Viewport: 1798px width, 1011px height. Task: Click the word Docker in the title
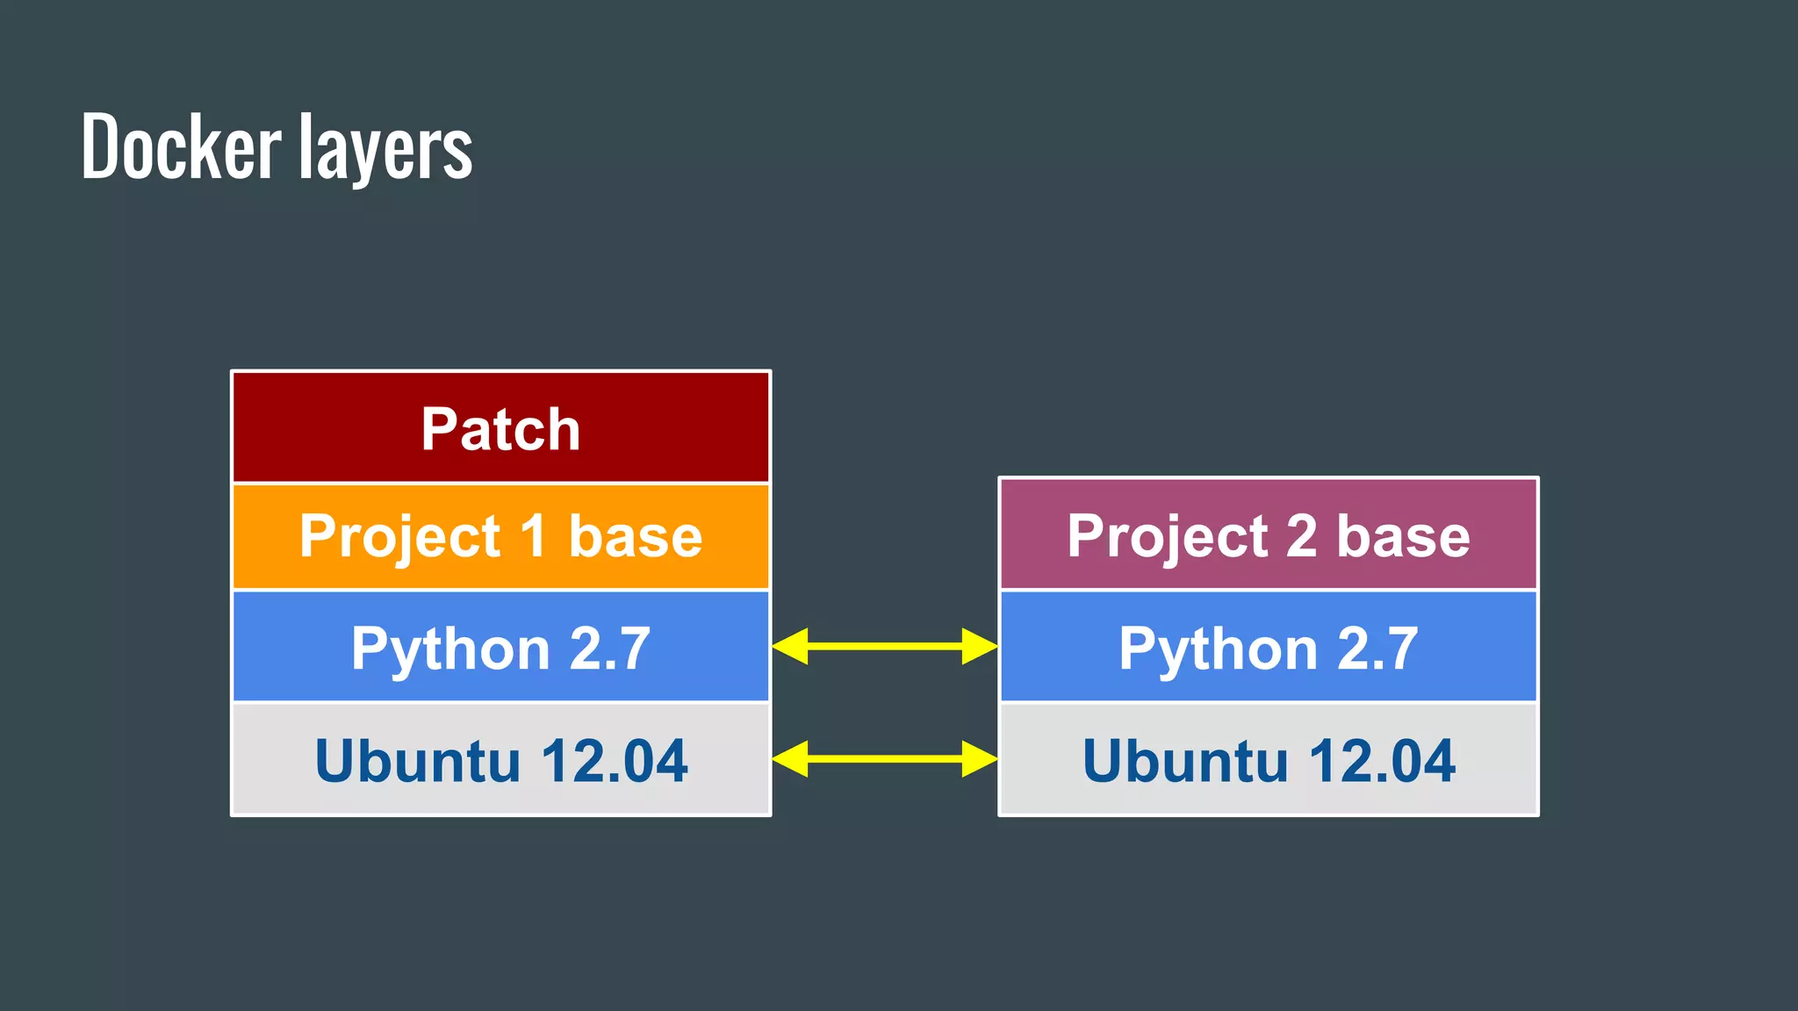[181, 147]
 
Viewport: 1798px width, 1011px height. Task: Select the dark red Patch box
[500, 428]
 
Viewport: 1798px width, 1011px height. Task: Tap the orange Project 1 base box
[500, 536]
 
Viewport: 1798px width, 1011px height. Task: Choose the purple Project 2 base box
[1268, 535]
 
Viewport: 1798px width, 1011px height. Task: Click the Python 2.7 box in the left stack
[500, 648]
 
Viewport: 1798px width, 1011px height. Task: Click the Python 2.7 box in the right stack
[1268, 648]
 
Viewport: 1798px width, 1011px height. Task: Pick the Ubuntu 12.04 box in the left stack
[500, 760]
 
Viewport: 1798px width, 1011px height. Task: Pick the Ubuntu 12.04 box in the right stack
[1268, 760]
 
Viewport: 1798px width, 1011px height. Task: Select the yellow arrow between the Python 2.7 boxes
[885, 647]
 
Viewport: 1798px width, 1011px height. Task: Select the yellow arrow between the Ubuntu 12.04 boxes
[885, 758]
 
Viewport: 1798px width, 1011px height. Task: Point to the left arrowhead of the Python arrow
[789, 647]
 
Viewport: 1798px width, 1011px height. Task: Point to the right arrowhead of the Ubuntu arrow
[979, 758]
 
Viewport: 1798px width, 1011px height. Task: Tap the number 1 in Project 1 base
[533, 536]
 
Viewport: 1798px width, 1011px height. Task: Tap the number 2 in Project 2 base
[1301, 536]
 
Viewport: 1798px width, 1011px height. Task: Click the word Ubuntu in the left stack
[417, 761]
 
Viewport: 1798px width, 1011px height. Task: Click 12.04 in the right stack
[1382, 761]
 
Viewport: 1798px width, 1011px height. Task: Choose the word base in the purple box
[1403, 536]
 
